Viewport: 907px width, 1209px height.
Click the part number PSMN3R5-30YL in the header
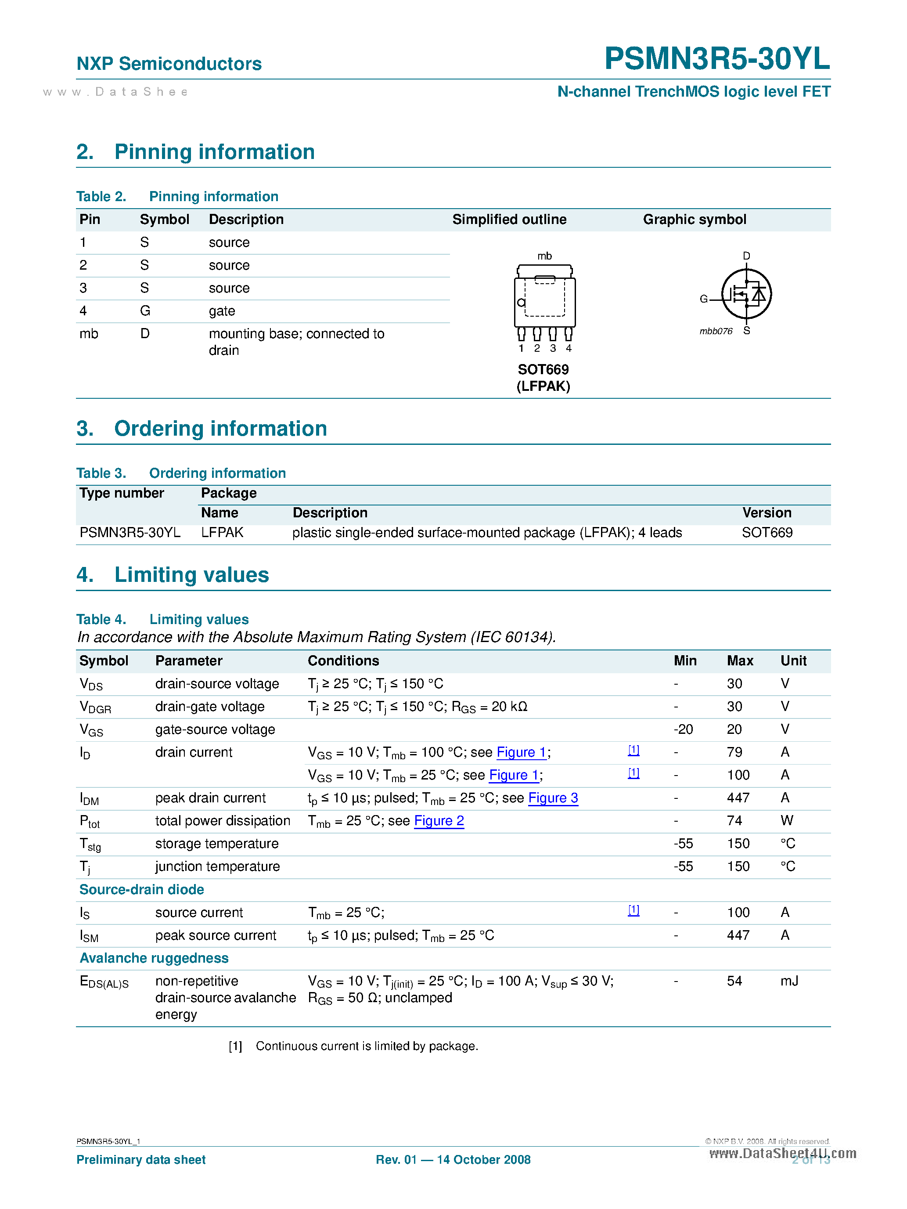[x=716, y=58]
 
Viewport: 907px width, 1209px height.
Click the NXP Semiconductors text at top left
[x=169, y=64]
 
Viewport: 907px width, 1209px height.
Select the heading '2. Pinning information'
[x=196, y=152]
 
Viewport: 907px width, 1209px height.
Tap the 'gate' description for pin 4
[x=222, y=311]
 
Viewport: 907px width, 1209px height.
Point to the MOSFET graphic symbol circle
[x=746, y=294]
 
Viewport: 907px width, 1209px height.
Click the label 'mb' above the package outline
[x=544, y=256]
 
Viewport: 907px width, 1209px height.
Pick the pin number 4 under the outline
[x=568, y=349]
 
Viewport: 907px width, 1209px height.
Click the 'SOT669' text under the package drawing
[x=543, y=369]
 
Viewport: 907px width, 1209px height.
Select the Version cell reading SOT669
[x=767, y=532]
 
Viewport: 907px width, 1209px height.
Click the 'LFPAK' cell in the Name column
[x=222, y=532]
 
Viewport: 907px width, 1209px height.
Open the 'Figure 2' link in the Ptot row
[x=439, y=821]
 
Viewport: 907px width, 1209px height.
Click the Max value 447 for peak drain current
[x=738, y=798]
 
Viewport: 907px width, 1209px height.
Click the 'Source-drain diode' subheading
[x=141, y=890]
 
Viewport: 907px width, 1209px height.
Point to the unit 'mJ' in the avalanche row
[x=789, y=981]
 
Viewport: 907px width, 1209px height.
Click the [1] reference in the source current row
[x=633, y=910]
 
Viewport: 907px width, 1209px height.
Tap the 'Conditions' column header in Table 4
[x=343, y=661]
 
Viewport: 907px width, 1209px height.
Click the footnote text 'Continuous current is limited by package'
[x=367, y=1046]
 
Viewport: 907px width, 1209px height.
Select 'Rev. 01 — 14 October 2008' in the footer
[x=453, y=1160]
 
